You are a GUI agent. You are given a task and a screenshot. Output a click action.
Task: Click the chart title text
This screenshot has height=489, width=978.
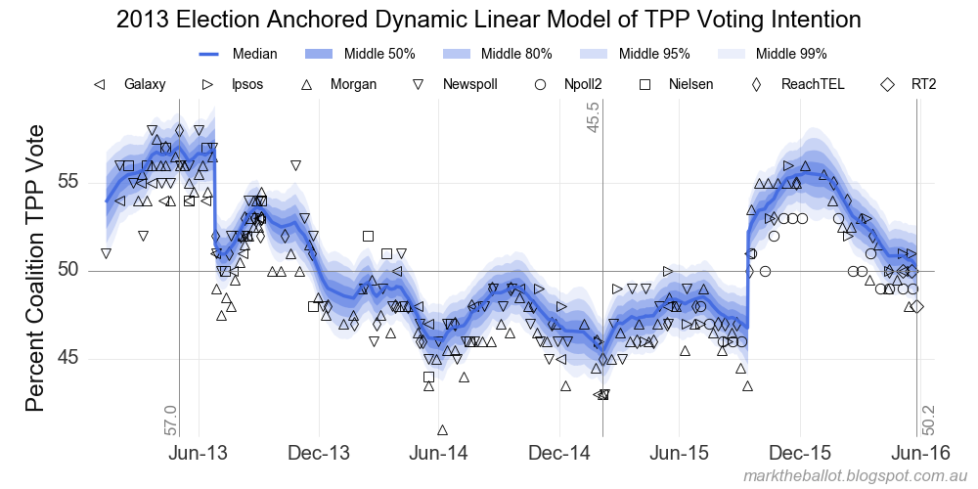(488, 20)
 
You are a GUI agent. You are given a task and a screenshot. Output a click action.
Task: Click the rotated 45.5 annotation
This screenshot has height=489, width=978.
(594, 118)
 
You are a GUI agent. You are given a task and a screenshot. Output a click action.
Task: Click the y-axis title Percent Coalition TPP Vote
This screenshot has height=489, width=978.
(33, 268)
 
